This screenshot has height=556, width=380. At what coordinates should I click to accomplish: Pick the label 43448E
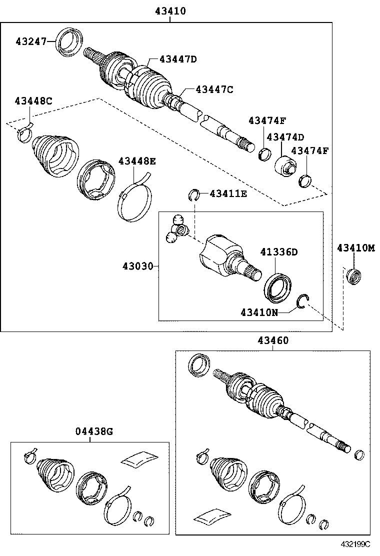pyautogui.click(x=137, y=161)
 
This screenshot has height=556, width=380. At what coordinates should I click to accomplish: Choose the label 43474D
pyautogui.click(x=285, y=136)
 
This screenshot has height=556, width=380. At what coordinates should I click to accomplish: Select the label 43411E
pyautogui.click(x=228, y=193)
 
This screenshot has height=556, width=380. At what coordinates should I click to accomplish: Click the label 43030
pyautogui.click(x=137, y=266)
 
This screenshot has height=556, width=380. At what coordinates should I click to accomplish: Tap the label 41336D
pyautogui.click(x=278, y=252)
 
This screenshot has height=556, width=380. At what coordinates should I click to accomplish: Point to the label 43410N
pyautogui.click(x=258, y=312)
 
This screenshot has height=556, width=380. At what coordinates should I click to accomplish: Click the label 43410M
pyautogui.click(x=355, y=247)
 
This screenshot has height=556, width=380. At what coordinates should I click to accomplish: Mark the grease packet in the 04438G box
pyautogui.click(x=138, y=458)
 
